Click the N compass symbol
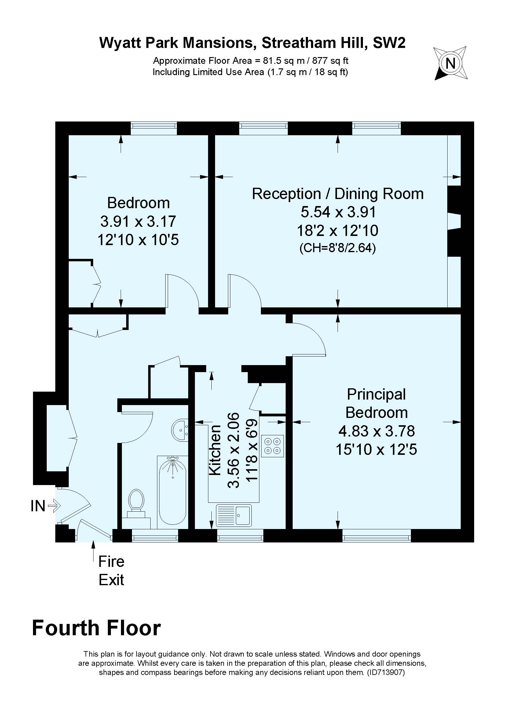click(x=450, y=63)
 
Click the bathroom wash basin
click(x=180, y=430)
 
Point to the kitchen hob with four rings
click(x=273, y=446)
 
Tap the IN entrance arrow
click(x=55, y=506)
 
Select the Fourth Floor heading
click(x=97, y=628)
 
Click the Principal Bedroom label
click(x=376, y=403)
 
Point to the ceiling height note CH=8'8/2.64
click(x=338, y=248)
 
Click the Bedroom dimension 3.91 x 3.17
click(x=138, y=221)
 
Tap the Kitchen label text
click(x=215, y=450)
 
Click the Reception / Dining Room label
click(x=338, y=194)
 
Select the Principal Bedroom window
click(x=376, y=535)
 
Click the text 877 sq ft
click(x=331, y=60)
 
